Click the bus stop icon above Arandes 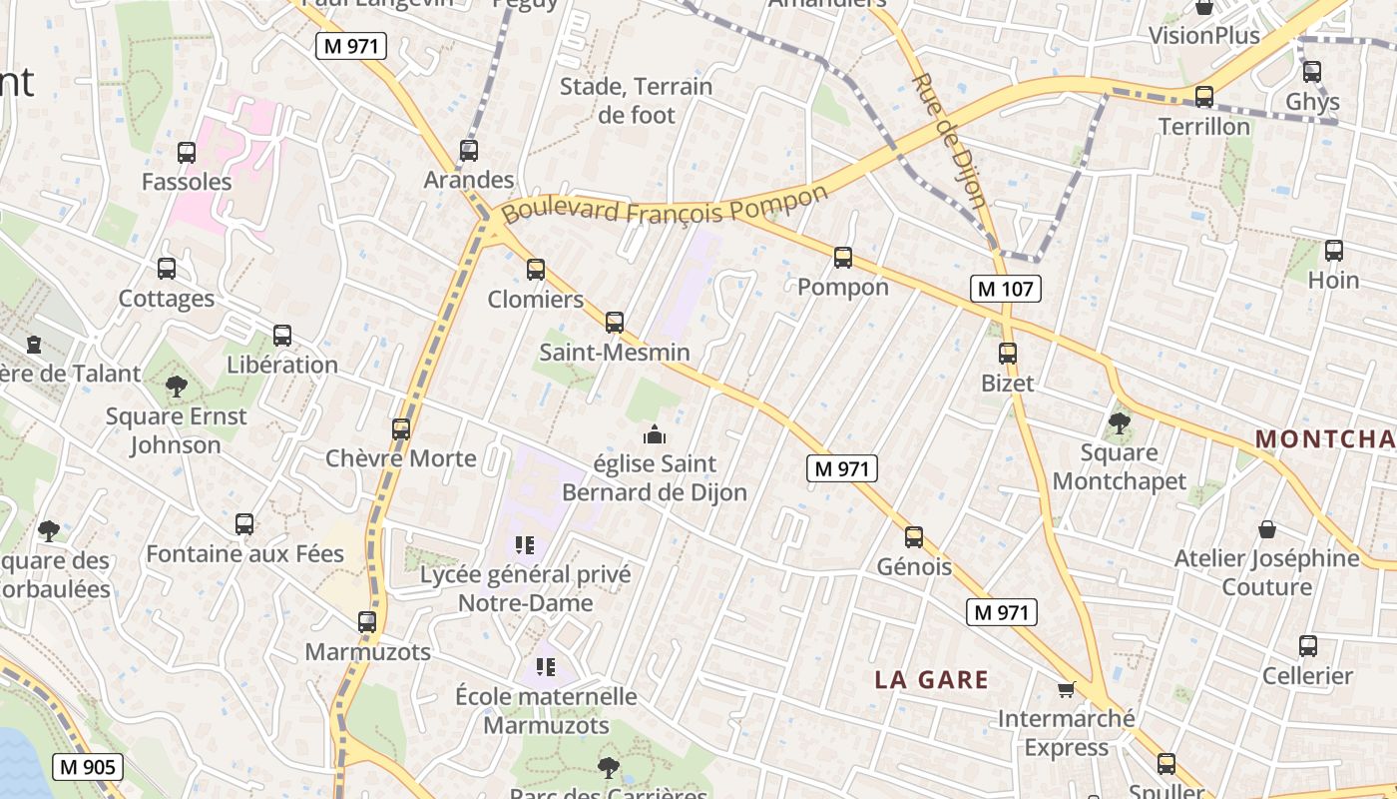click(x=469, y=151)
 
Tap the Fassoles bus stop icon click(x=187, y=153)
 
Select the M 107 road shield click(x=1005, y=289)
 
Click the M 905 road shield click(x=88, y=767)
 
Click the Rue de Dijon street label click(x=950, y=140)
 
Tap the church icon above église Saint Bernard click(x=655, y=434)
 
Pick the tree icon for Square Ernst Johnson click(x=177, y=386)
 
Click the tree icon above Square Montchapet click(x=1120, y=423)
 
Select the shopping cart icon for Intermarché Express click(x=1067, y=689)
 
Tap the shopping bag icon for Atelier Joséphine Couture click(x=1267, y=528)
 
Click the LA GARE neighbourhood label click(x=931, y=680)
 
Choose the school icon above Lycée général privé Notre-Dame click(x=525, y=544)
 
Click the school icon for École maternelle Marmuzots click(x=545, y=666)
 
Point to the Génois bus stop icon click(x=914, y=537)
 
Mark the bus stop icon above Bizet click(x=1008, y=354)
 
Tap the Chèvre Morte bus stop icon click(x=401, y=429)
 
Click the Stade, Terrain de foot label click(x=637, y=101)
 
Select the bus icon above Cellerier click(x=1308, y=646)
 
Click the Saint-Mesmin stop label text click(x=615, y=353)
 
